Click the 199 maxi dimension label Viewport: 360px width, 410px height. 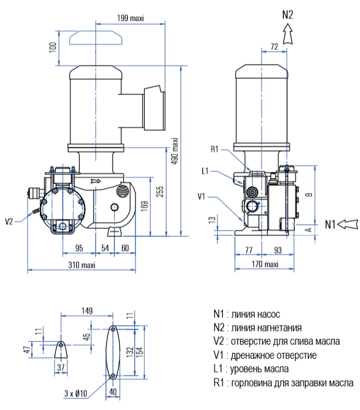tap(130, 18)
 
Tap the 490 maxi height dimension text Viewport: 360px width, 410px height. tap(175, 151)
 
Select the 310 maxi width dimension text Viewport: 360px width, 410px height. tap(81, 265)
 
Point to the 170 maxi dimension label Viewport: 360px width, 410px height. tap(265, 264)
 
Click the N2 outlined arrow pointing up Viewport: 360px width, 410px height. tap(287, 34)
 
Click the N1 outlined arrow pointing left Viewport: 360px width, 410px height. tap(348, 224)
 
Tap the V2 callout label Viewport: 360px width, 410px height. tap(9, 222)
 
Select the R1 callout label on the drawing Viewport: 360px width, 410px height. tap(215, 150)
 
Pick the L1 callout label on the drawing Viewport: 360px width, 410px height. tap(205, 171)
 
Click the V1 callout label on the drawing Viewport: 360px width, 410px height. tap(201, 196)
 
